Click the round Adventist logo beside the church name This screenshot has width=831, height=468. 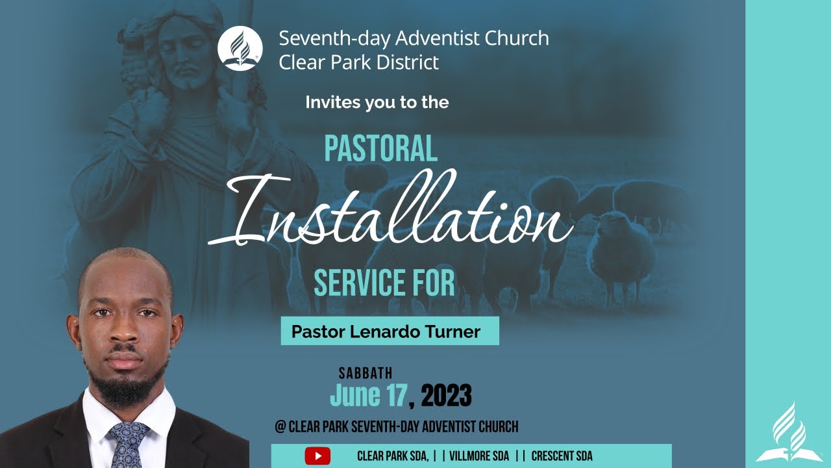point(240,49)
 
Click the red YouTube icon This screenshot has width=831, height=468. point(317,456)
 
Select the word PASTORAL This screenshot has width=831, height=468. point(380,149)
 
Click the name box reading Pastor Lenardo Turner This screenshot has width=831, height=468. point(390,331)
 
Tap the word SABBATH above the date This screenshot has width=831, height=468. point(366,374)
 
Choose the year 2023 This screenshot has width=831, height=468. point(447,395)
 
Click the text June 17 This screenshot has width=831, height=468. point(368,395)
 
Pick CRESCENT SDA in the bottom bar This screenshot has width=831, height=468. point(562,456)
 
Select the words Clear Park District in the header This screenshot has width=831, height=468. point(358,62)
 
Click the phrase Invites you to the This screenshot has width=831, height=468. point(377,102)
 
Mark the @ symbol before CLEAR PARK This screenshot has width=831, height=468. point(280,427)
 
